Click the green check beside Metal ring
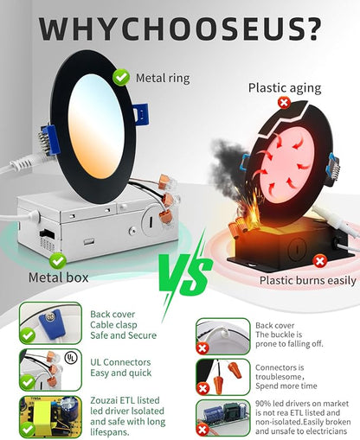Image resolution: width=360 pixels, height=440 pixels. tap(121, 77)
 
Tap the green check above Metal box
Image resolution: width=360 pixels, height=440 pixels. tap(58, 261)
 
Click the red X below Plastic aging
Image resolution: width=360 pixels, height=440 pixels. tap(284, 103)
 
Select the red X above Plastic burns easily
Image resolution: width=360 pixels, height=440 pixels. tap(319, 261)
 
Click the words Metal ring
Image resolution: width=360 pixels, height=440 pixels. tap(163, 78)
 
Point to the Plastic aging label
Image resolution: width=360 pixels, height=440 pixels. tap(285, 88)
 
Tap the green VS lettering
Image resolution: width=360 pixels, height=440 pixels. tap(185, 275)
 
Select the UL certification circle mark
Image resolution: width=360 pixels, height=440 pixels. tap(71, 358)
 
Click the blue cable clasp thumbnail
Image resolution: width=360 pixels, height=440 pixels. tap(50, 322)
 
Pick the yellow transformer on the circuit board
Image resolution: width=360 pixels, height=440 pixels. tap(43, 415)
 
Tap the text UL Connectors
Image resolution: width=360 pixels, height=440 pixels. tap(120, 362)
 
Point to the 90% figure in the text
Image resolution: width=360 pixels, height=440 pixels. tap(263, 404)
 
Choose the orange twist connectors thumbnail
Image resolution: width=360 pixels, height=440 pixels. tap(223, 377)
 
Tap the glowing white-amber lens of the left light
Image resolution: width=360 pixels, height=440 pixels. tap(96, 126)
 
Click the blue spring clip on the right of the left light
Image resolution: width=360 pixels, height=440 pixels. tap(141, 114)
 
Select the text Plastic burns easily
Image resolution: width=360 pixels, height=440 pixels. tap(308, 281)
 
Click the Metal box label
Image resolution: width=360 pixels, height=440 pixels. tap(58, 277)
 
